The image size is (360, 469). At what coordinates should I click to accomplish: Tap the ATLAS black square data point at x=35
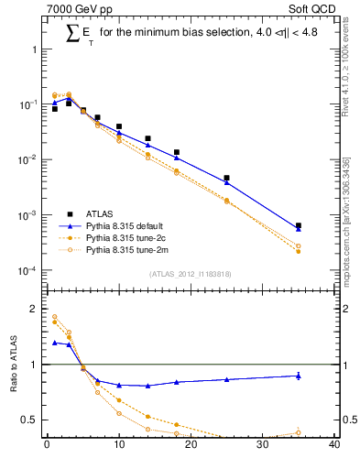pyautogui.click(x=299, y=225)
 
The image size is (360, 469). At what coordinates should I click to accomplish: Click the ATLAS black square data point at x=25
pyautogui.click(x=226, y=178)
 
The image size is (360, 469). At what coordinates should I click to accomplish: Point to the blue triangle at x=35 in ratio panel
pyautogui.click(x=299, y=376)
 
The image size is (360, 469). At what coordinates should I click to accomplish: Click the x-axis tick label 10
pyautogui.click(x=119, y=446)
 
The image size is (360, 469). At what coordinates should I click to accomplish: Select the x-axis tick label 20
pyautogui.click(x=191, y=446)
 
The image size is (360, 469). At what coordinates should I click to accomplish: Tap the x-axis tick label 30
pyautogui.click(x=263, y=446)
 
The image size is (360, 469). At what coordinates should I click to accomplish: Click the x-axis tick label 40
pyautogui.click(x=334, y=446)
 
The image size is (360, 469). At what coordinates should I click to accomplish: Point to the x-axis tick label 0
pyautogui.click(x=47, y=446)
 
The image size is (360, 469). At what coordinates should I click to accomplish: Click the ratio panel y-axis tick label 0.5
pyautogui.click(x=31, y=420)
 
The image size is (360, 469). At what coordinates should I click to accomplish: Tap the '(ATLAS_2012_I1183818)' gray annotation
pyautogui.click(x=191, y=273)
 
